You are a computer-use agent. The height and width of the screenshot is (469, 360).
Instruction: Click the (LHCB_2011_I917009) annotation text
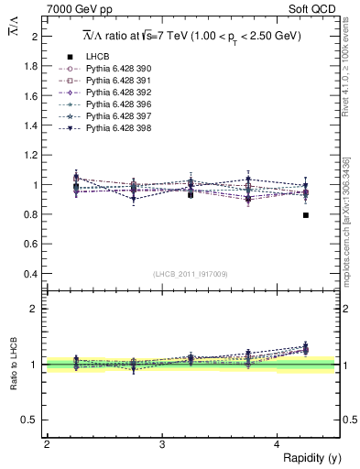[x=191, y=273]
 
